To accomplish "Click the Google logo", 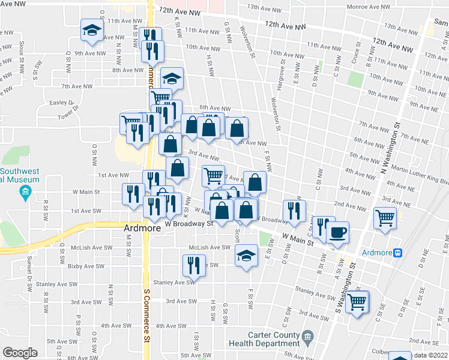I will click(20, 353).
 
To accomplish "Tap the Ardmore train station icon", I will click(397, 253).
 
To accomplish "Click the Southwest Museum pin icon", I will click(25, 192).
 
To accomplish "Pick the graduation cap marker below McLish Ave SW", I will click(246, 256).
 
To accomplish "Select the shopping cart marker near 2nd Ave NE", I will click(385, 218).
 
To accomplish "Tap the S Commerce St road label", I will click(146, 315).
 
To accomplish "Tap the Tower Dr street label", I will click(68, 111).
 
